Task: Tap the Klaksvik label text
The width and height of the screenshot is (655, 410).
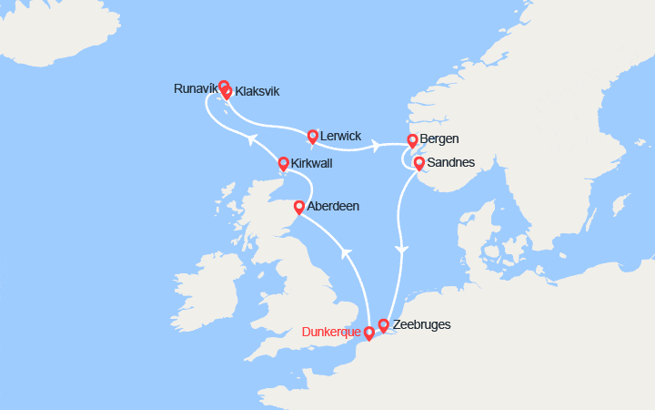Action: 257,92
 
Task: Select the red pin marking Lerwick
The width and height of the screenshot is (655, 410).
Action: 313,137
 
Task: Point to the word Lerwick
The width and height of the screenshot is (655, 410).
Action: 342,136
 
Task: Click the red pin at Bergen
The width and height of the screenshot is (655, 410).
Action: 412,140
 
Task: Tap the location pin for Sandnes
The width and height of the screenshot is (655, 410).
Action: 418,163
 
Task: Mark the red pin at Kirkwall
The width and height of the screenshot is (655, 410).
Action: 283,163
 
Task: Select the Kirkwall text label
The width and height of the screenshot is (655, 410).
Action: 311,163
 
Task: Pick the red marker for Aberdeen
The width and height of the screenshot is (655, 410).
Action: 299,207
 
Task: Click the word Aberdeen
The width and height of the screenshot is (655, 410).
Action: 333,207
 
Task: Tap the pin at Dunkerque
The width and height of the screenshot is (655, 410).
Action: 368,333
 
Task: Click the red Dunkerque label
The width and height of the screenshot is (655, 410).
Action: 331,333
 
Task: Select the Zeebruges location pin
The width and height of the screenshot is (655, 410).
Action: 384,324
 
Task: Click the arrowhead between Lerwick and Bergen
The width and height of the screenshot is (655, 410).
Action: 375,146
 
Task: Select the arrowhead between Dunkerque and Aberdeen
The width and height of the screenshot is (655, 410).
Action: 346,252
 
